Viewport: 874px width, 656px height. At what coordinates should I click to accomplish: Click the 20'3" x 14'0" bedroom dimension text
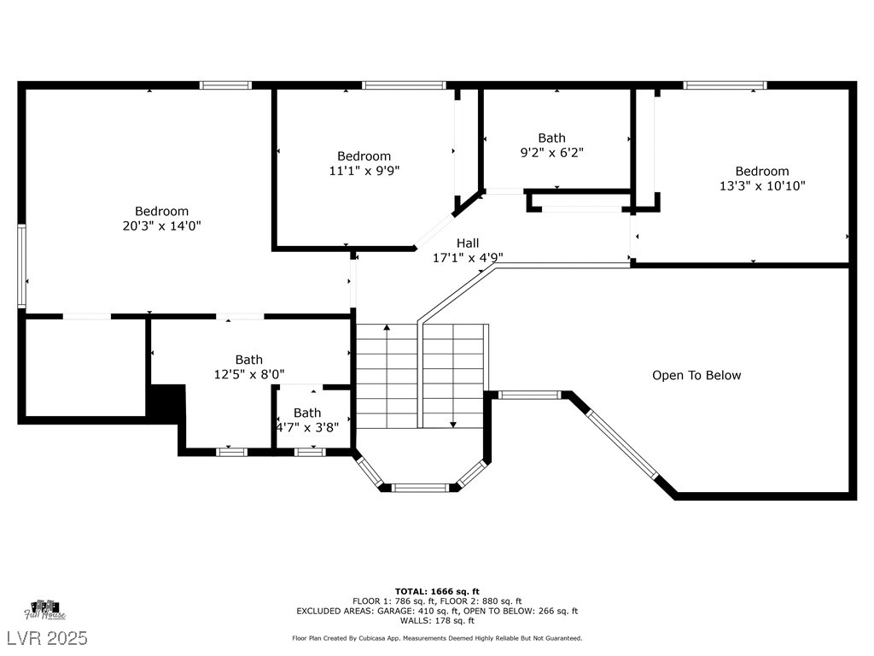[161, 225]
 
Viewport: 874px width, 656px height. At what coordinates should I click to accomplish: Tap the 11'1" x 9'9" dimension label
[364, 171]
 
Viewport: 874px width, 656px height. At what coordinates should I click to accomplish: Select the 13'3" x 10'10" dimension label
[762, 185]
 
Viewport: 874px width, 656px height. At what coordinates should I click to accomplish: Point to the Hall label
[468, 243]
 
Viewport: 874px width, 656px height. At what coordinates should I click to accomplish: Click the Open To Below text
[696, 376]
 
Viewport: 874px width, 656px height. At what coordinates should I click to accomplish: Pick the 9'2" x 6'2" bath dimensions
[552, 152]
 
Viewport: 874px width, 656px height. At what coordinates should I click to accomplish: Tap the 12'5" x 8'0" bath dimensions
[249, 374]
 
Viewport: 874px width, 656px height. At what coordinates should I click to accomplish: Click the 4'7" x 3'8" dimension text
[307, 427]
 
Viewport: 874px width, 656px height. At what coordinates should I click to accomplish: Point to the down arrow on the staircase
[453, 376]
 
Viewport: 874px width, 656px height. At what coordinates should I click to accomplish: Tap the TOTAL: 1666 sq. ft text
[437, 591]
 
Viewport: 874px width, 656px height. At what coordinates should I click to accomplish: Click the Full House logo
[45, 610]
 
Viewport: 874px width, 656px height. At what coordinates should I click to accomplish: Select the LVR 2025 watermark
[48, 637]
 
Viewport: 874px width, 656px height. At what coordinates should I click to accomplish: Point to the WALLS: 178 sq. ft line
[437, 620]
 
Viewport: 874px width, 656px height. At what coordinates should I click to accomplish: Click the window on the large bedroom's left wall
[21, 266]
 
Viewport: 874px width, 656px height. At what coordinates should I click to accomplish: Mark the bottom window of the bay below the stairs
[420, 488]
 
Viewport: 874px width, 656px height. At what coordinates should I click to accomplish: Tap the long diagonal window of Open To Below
[622, 444]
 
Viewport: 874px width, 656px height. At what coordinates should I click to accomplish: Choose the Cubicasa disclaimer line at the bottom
[437, 638]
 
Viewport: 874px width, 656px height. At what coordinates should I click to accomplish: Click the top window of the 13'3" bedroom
[725, 85]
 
